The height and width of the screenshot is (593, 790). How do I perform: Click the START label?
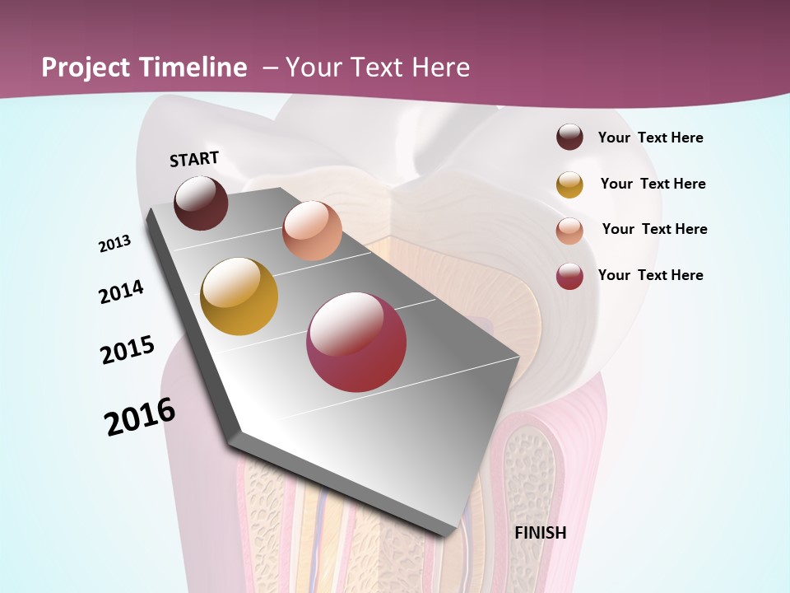(194, 159)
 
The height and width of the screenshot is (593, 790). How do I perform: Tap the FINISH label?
(541, 533)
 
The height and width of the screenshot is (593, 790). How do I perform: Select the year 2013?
(115, 244)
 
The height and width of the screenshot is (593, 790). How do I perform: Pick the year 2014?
(122, 292)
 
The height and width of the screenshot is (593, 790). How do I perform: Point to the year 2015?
(128, 350)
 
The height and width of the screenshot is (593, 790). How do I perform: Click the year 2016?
(140, 417)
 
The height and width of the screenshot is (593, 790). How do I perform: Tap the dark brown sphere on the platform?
(201, 203)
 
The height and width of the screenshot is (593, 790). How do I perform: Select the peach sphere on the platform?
(312, 231)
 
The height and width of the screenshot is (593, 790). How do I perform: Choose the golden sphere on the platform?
(239, 296)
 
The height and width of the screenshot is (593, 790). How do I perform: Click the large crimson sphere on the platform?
(356, 342)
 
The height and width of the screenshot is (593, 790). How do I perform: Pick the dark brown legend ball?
(569, 137)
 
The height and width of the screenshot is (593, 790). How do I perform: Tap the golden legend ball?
(569, 184)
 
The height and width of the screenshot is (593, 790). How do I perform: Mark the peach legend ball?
(569, 231)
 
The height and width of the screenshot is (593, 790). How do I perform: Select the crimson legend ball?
(569, 276)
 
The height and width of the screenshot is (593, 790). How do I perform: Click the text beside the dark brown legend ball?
(651, 138)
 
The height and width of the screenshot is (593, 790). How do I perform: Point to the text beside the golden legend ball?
(653, 184)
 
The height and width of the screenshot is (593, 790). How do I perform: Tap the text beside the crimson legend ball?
(651, 275)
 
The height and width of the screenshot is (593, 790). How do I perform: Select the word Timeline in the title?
(194, 68)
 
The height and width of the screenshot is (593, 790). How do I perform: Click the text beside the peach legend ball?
(655, 229)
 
